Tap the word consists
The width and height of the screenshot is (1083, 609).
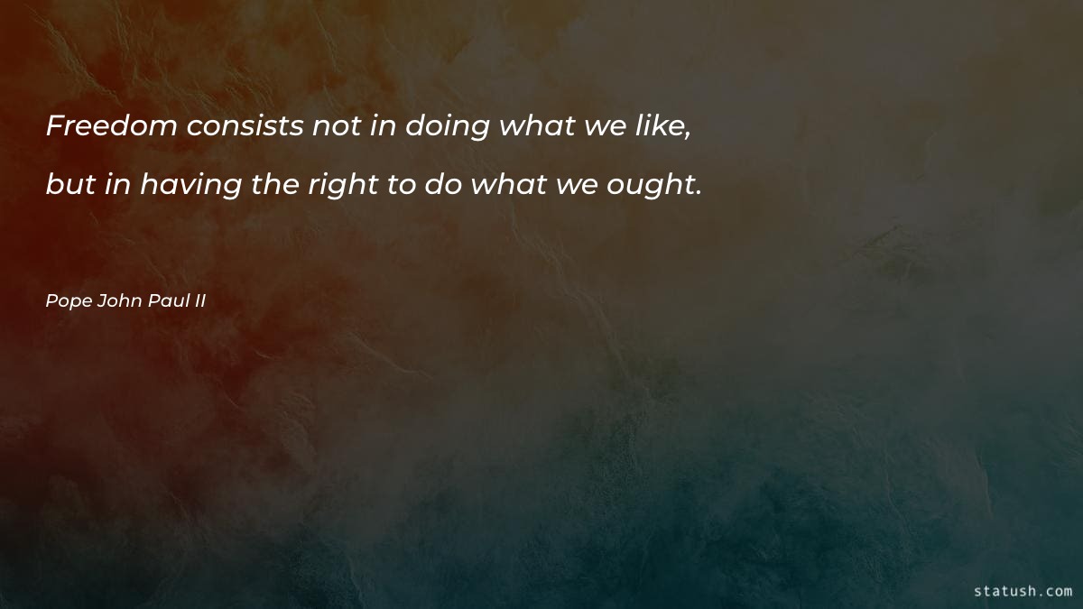point(245,127)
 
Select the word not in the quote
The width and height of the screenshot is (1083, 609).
point(337,127)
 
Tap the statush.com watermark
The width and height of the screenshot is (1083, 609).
point(1023,591)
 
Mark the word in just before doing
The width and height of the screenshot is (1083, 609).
point(383,127)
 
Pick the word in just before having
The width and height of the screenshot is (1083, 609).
point(116,185)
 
